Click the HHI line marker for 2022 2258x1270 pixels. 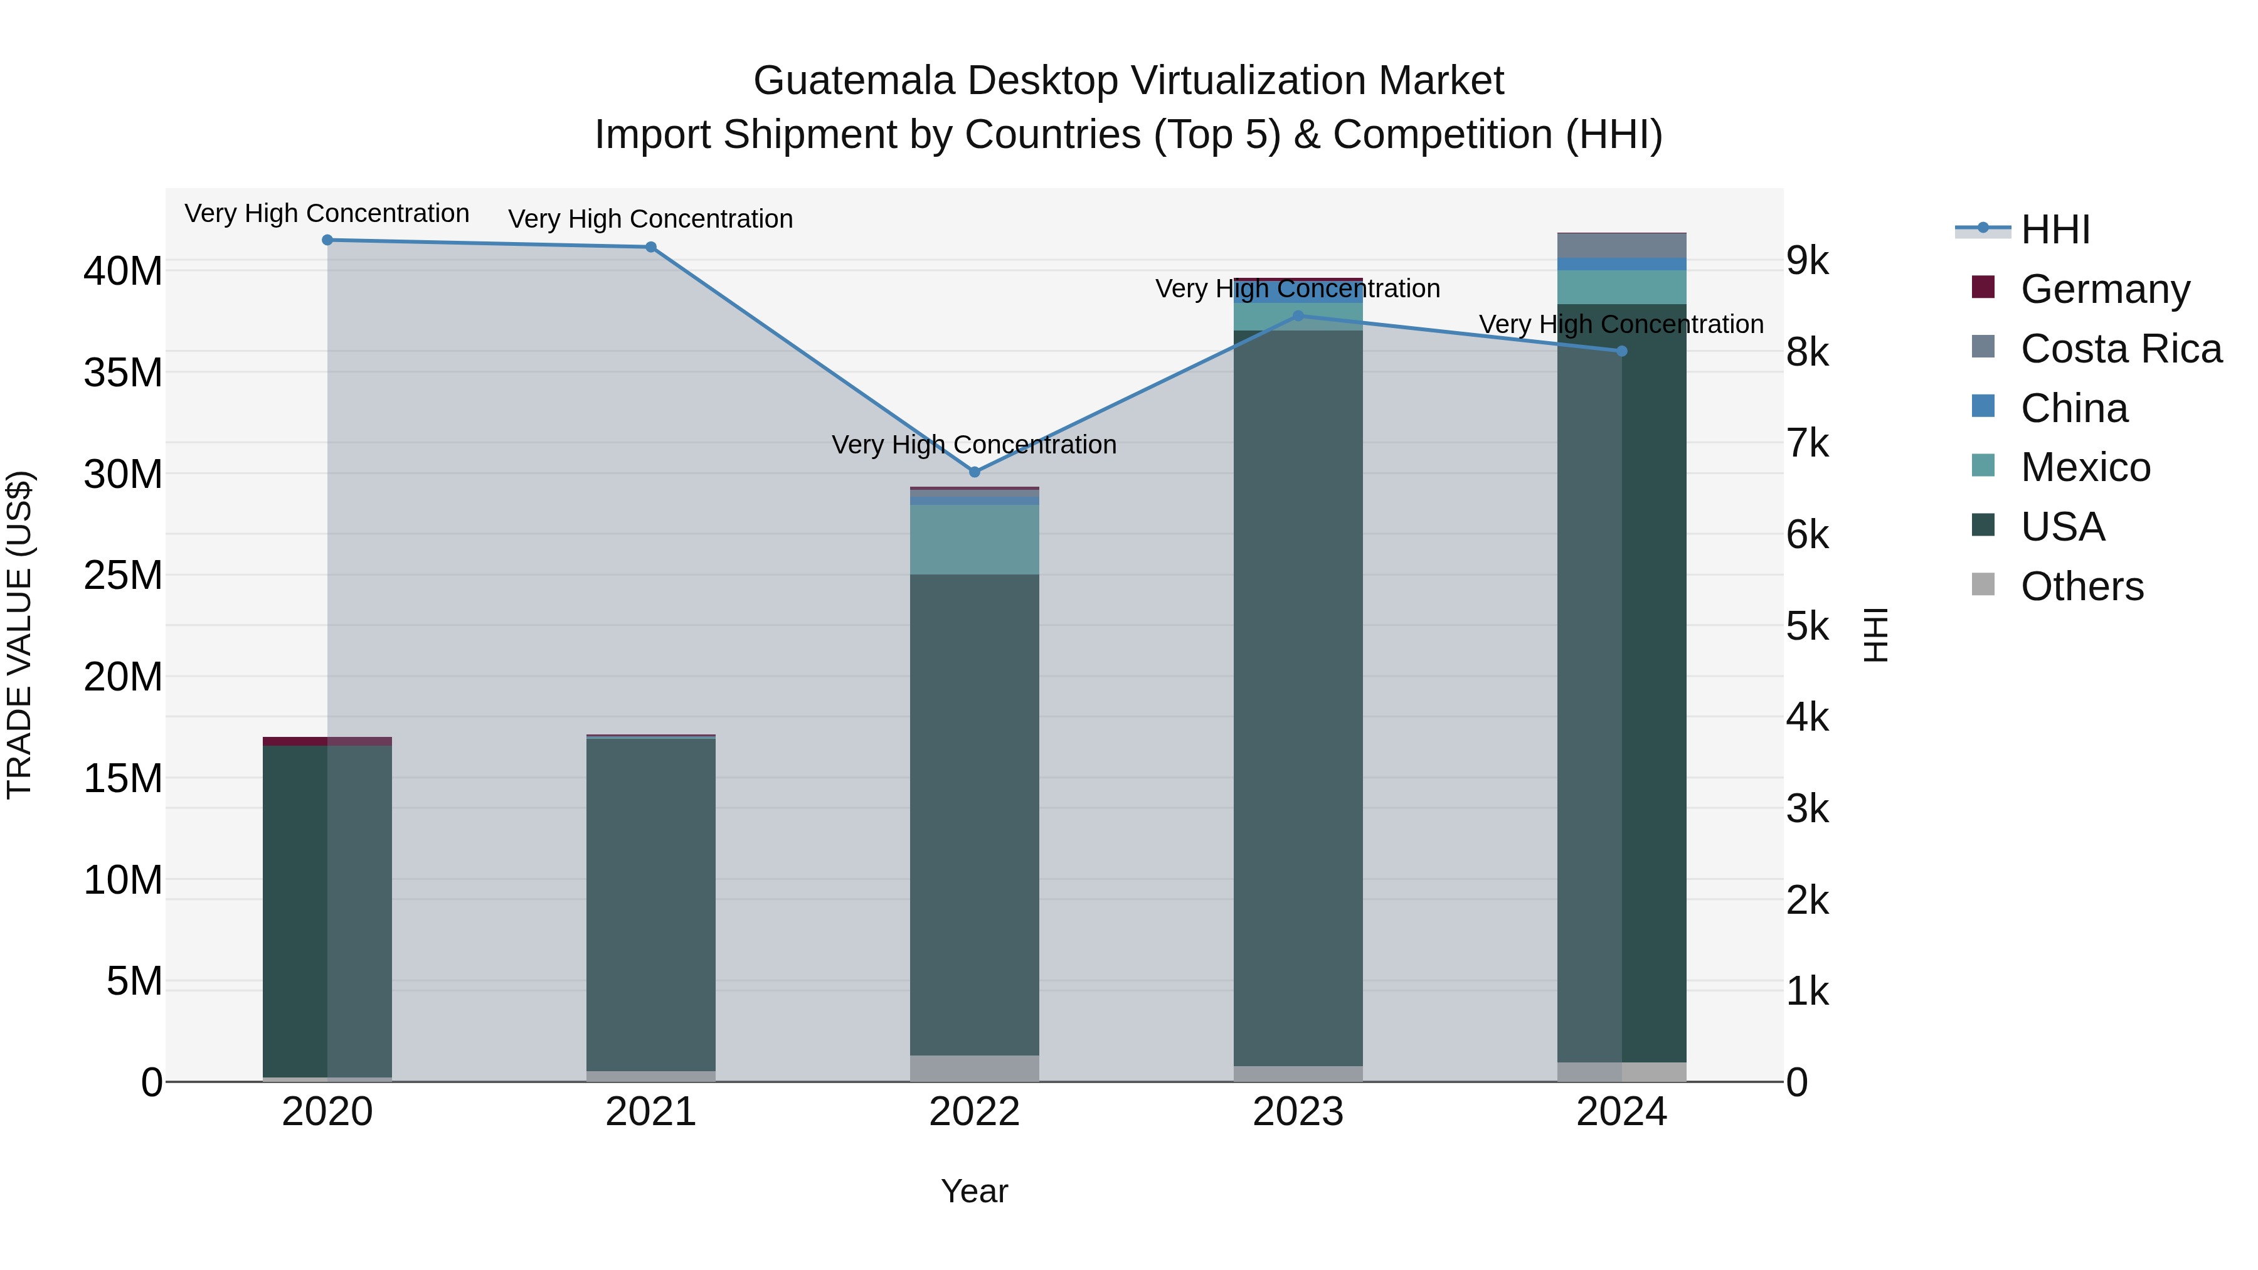pyautogui.click(x=974, y=472)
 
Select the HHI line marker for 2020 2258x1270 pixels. pyautogui.click(x=327, y=240)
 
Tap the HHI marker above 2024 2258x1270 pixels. pyautogui.click(x=1621, y=351)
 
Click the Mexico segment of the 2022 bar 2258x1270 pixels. pyautogui.click(x=974, y=539)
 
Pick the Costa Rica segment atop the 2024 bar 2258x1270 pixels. pyautogui.click(x=1621, y=245)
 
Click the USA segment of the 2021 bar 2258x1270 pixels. pyautogui.click(x=650, y=902)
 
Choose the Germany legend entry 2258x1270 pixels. pyautogui.click(x=2104, y=288)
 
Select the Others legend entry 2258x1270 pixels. pyautogui.click(x=2081, y=586)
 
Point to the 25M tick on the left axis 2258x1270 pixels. pyautogui.click(x=123, y=575)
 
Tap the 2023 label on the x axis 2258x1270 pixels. pyautogui.click(x=1297, y=1111)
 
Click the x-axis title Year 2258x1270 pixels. pyautogui.click(x=974, y=1191)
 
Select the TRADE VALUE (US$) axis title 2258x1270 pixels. pyautogui.click(x=19, y=635)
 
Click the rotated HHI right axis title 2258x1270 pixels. pyautogui.click(x=1874, y=635)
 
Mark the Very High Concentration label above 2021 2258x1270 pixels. pyautogui.click(x=650, y=218)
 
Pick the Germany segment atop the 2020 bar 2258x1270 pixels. pyautogui.click(x=327, y=741)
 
